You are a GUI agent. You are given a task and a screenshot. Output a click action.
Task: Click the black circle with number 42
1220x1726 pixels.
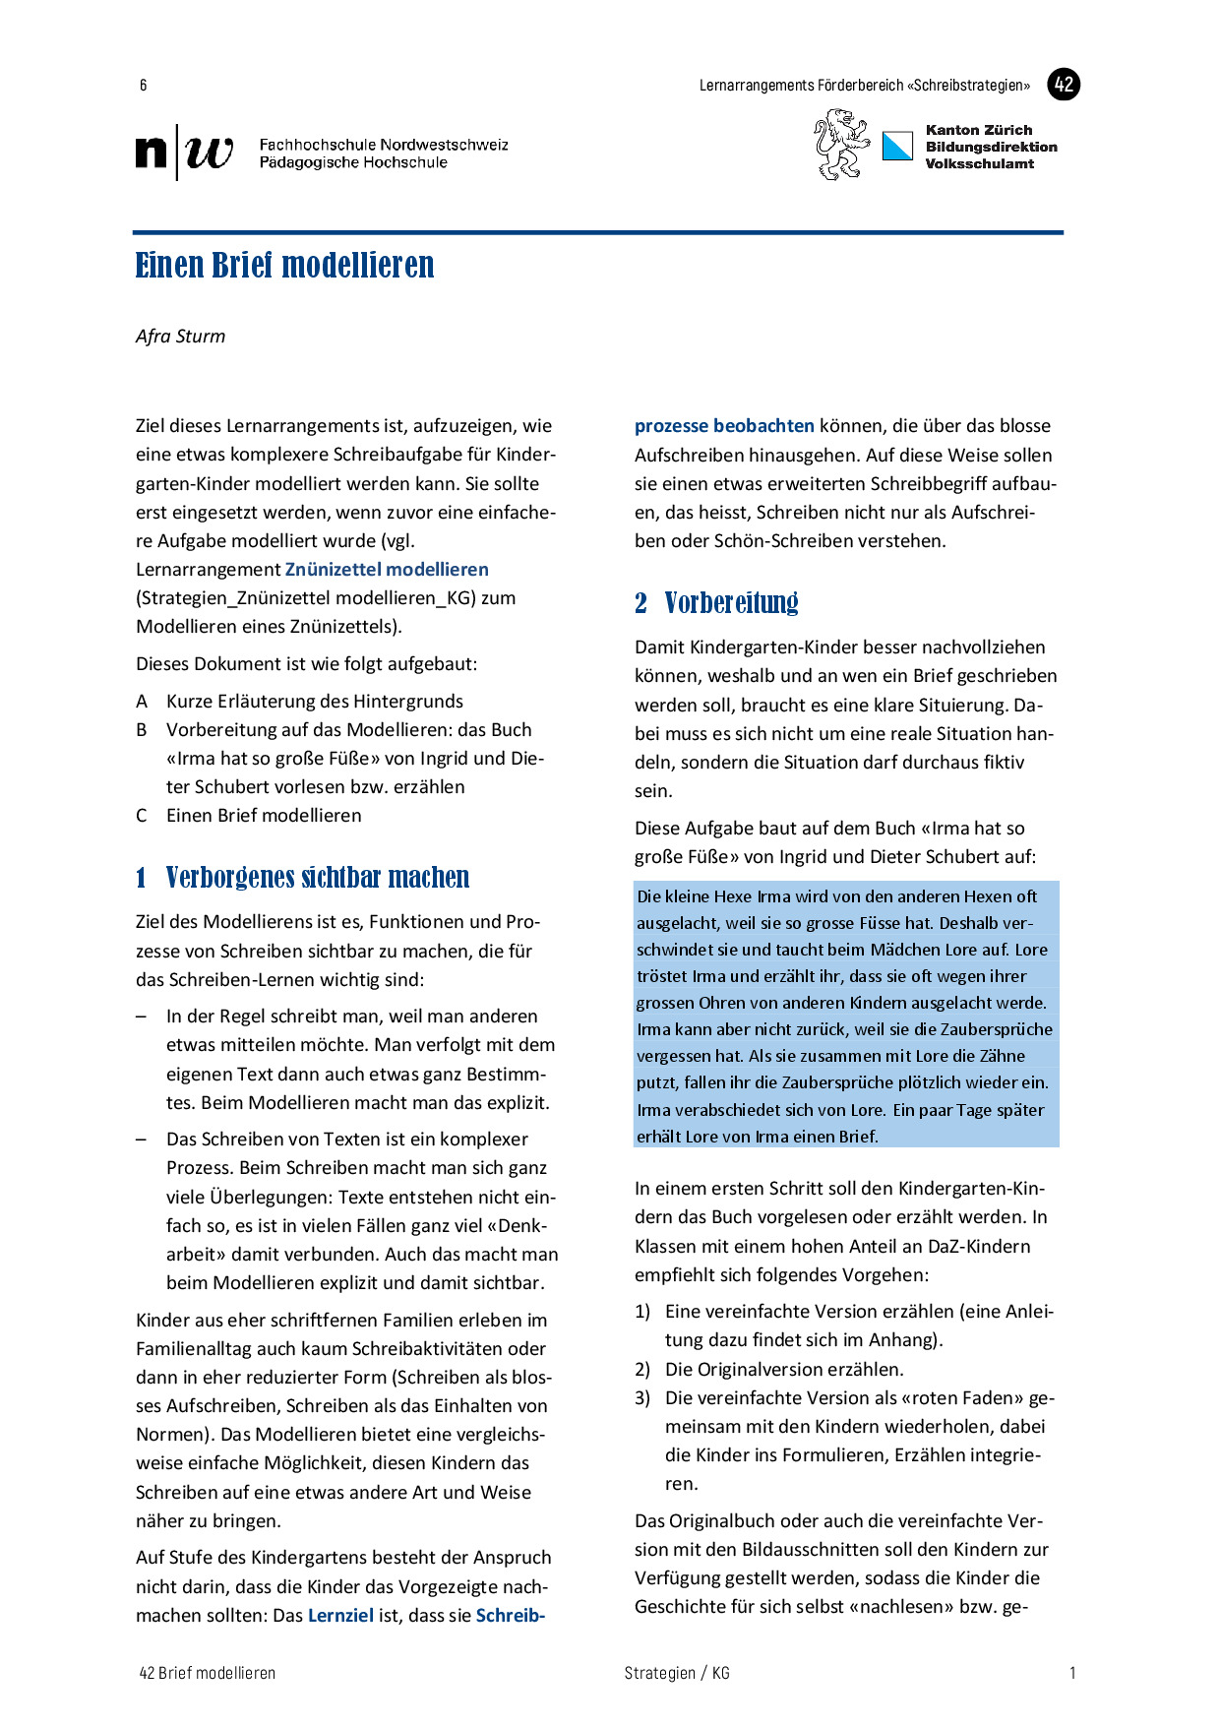[x=1063, y=85]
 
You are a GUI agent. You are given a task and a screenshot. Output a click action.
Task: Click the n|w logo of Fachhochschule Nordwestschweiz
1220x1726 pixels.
[x=185, y=153]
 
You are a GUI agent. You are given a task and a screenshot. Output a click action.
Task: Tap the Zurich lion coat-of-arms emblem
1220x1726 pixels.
[x=841, y=145]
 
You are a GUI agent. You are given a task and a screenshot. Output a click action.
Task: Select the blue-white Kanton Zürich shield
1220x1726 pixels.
[x=897, y=147]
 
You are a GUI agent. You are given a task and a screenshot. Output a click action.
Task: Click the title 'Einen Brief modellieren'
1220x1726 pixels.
[x=284, y=266]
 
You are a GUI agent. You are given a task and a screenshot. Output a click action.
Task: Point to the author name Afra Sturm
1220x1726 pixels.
[x=181, y=337]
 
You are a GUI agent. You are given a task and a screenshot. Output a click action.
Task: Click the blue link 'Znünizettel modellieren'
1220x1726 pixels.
[x=387, y=570]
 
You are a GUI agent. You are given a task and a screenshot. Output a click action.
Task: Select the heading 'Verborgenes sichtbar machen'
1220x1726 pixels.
[x=317, y=878]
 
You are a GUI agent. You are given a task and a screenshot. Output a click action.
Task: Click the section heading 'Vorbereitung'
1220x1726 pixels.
[x=731, y=603]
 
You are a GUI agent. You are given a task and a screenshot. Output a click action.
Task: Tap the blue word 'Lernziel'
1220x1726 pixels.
[x=340, y=1616]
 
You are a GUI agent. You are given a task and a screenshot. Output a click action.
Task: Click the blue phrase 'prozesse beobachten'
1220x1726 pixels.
[x=724, y=426]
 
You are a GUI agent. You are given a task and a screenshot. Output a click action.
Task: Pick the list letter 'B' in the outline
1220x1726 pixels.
[x=142, y=730]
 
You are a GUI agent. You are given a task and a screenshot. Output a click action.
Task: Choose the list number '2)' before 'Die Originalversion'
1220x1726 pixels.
[x=642, y=1370]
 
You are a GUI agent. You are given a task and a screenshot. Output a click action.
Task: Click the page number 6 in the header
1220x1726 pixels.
[x=144, y=86]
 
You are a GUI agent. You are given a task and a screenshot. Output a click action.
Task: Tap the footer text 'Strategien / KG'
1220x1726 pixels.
[x=677, y=1673]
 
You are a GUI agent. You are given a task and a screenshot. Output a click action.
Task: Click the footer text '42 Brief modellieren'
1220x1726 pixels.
[x=208, y=1673]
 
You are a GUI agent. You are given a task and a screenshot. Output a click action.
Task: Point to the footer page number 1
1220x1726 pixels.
[x=1072, y=1673]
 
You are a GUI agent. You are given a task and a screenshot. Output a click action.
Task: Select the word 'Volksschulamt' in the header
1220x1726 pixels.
[x=979, y=164]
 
